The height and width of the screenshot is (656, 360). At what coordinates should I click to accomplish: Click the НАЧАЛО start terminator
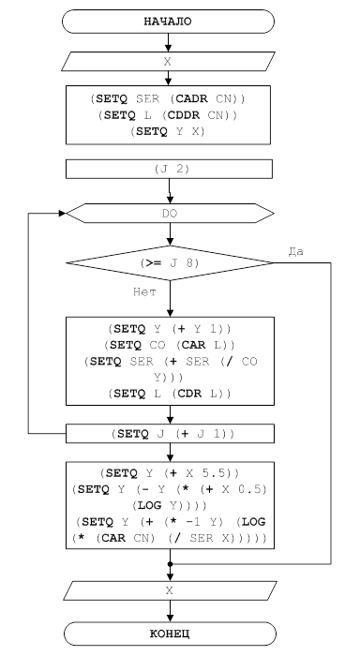click(x=168, y=22)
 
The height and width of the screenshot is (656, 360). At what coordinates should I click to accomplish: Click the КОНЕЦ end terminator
click(x=170, y=634)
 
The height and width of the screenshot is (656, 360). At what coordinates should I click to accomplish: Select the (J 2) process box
click(x=169, y=169)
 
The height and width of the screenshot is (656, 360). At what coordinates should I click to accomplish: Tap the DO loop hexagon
click(x=170, y=214)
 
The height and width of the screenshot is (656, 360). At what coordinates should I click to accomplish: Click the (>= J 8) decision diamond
click(x=170, y=262)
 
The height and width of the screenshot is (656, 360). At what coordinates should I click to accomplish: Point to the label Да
click(x=296, y=252)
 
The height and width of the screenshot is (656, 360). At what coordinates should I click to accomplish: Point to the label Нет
click(x=144, y=291)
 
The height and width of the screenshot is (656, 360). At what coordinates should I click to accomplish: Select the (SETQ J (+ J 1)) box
click(x=170, y=433)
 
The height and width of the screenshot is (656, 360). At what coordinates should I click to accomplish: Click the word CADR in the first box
click(x=192, y=99)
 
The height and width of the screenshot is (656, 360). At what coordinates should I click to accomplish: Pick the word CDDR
click(x=184, y=115)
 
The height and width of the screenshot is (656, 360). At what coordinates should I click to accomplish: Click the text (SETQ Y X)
click(x=168, y=131)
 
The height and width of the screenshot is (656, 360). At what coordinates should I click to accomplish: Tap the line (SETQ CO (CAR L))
click(x=170, y=345)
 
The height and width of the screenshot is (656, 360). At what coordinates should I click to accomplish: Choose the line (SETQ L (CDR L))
click(x=170, y=394)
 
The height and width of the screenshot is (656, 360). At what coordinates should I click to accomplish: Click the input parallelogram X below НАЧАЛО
click(x=168, y=62)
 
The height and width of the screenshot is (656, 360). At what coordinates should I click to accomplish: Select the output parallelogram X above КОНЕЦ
click(x=170, y=590)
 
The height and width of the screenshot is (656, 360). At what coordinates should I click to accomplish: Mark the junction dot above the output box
click(x=170, y=564)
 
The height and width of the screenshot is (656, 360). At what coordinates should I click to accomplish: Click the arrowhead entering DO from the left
click(x=63, y=214)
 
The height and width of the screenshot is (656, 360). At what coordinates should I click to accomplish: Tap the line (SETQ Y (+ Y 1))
click(x=170, y=329)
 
